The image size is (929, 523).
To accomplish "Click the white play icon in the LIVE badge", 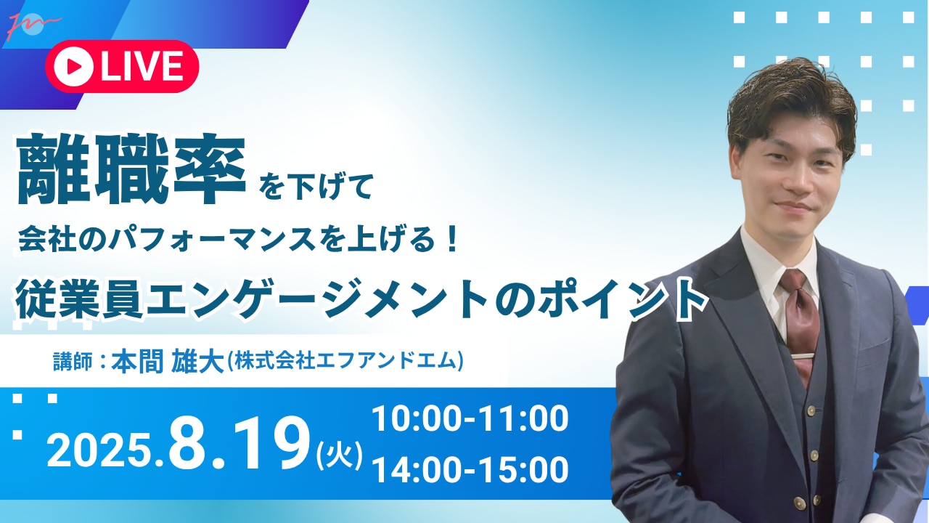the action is point(73,66).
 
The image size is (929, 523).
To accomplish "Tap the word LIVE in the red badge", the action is point(142,66).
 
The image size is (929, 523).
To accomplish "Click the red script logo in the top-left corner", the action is point(33,25).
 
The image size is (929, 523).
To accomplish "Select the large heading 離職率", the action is point(131,169).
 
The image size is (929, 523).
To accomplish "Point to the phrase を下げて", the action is point(315,187).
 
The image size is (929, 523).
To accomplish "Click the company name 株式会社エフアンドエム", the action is point(345,361).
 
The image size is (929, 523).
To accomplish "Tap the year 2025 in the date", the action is point(99,451).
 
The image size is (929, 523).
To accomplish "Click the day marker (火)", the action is point(339,455).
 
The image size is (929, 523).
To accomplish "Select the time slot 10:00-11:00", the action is point(470,418).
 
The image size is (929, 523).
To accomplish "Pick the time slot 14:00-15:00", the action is point(470,469).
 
